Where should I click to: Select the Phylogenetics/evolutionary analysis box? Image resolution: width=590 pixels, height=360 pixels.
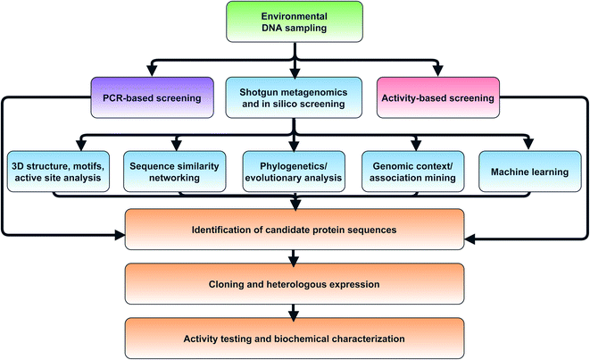click(x=295, y=171)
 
